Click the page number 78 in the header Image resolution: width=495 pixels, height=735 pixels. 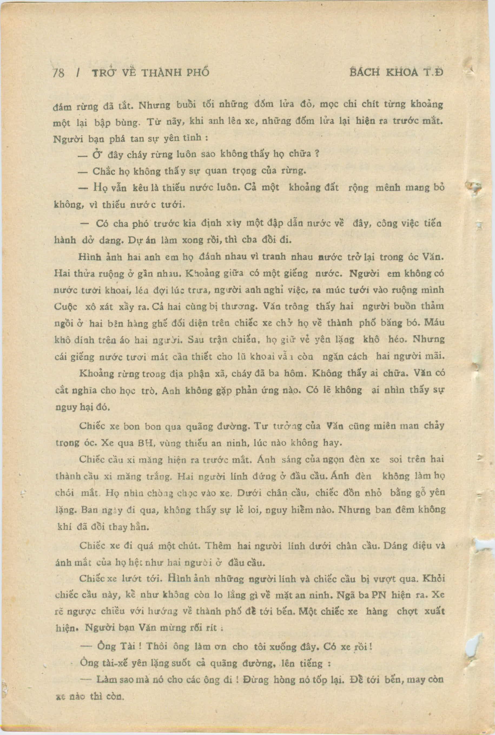click(x=58, y=73)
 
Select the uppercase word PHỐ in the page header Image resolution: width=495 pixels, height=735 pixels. click(x=198, y=73)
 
